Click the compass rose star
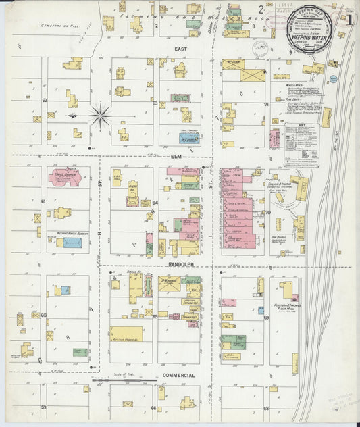[100, 116]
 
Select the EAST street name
[180, 49]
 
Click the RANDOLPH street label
[181, 266]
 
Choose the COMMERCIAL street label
[179, 375]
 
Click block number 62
[45, 100]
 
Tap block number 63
[155, 103]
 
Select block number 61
[43, 201]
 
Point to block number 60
[43, 315]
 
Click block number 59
[43, 407]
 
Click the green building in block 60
[80, 352]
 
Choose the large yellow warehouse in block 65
[126, 334]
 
